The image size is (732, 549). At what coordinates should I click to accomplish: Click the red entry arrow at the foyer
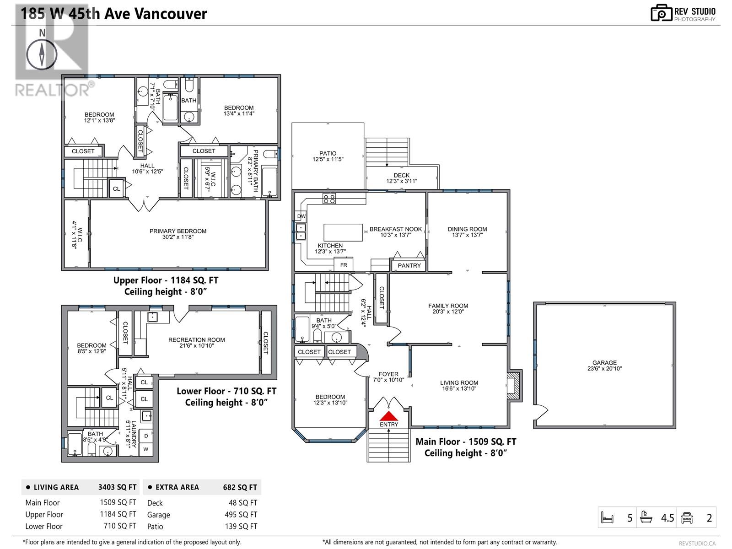tap(388, 416)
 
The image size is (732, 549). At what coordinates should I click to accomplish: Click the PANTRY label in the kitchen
tap(409, 266)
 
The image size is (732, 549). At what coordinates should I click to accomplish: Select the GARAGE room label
tap(605, 363)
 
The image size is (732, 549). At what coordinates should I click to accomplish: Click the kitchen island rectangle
tap(343, 232)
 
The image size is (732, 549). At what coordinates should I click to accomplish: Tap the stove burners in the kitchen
tap(329, 199)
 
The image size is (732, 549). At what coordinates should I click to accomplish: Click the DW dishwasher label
tap(301, 216)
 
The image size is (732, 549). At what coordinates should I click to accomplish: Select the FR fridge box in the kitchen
tap(344, 265)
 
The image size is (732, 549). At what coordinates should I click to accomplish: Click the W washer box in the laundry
tap(146, 449)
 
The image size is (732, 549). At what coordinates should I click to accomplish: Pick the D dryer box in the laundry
tap(146, 436)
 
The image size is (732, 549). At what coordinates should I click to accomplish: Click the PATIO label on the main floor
tap(328, 154)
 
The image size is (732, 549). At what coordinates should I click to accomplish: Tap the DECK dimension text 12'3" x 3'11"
tap(402, 181)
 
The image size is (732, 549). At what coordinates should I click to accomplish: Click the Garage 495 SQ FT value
tap(241, 515)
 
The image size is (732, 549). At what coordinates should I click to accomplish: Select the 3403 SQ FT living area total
tap(117, 487)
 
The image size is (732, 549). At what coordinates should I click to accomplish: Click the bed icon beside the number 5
tap(607, 518)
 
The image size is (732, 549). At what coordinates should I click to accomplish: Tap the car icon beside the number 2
tap(687, 518)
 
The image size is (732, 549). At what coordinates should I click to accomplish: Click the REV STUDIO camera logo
tap(661, 13)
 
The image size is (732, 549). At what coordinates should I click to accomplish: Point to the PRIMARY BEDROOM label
tap(178, 231)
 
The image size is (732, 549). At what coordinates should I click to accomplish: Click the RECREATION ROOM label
tap(196, 339)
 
